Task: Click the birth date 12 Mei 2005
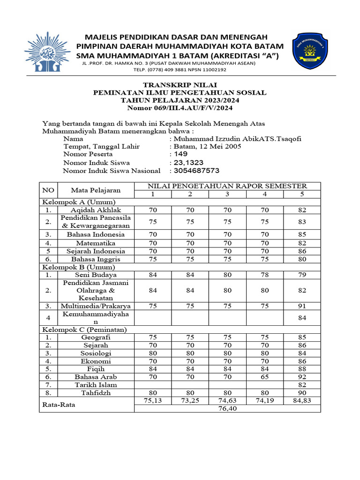click(x=218, y=146)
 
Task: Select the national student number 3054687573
click(x=196, y=171)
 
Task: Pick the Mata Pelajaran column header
click(x=96, y=190)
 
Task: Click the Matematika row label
click(x=97, y=243)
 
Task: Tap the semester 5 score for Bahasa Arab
click(x=302, y=376)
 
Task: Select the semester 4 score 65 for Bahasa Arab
click(x=264, y=376)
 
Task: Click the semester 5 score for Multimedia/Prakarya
click(x=302, y=306)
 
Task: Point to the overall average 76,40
click(x=227, y=408)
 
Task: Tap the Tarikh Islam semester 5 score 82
click(x=302, y=384)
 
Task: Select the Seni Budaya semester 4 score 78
click(x=264, y=275)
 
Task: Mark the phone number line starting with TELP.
click(x=180, y=69)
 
